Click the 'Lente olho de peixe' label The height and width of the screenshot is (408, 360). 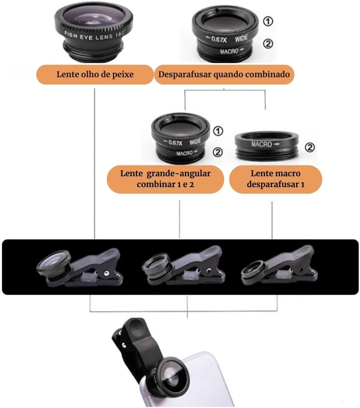click(x=95, y=75)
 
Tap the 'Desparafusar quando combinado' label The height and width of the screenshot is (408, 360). click(x=224, y=75)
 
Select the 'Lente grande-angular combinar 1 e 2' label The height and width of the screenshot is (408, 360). click(x=165, y=178)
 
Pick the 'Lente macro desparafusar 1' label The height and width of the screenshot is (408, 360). click(x=276, y=178)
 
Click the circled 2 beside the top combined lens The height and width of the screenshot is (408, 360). click(x=268, y=44)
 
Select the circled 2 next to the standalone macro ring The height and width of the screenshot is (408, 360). click(x=309, y=148)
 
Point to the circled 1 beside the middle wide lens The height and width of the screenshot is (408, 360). click(x=218, y=131)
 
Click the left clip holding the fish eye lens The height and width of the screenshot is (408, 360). click(x=80, y=268)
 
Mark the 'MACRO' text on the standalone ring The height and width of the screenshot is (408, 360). click(x=261, y=144)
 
